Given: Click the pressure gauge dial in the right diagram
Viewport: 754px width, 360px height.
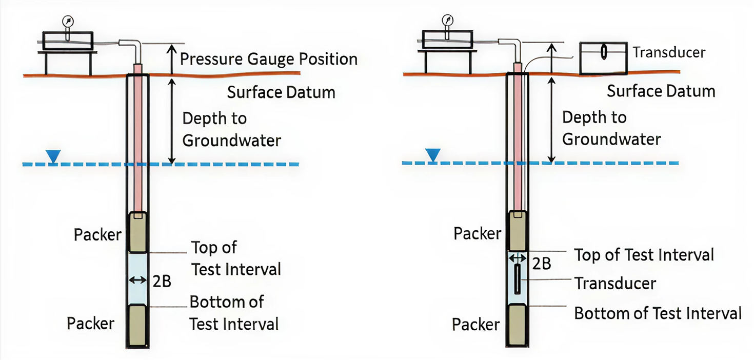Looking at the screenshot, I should tap(447, 20).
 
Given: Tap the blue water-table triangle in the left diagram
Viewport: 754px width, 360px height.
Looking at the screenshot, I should tap(52, 155).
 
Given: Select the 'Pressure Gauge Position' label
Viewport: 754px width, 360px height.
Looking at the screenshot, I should tap(268, 59).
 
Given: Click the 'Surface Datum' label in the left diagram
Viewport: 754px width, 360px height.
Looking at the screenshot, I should tap(281, 92).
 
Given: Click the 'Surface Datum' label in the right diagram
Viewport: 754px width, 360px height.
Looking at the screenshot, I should tap(661, 91).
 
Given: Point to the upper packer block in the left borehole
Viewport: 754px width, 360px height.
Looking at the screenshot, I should tap(137, 232).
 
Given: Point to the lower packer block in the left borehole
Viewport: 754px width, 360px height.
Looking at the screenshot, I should tap(137, 325).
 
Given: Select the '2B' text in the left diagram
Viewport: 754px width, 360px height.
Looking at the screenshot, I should tap(162, 281).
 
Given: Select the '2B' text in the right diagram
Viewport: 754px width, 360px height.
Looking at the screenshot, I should tap(542, 263).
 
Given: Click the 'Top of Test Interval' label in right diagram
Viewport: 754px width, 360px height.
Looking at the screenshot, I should tap(644, 255).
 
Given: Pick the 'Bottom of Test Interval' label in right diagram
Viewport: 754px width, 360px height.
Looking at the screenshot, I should tap(658, 313).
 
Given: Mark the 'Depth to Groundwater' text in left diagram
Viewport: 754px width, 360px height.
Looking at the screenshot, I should tap(231, 129).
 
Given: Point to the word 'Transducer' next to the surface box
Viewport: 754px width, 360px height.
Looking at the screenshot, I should tap(669, 52).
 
